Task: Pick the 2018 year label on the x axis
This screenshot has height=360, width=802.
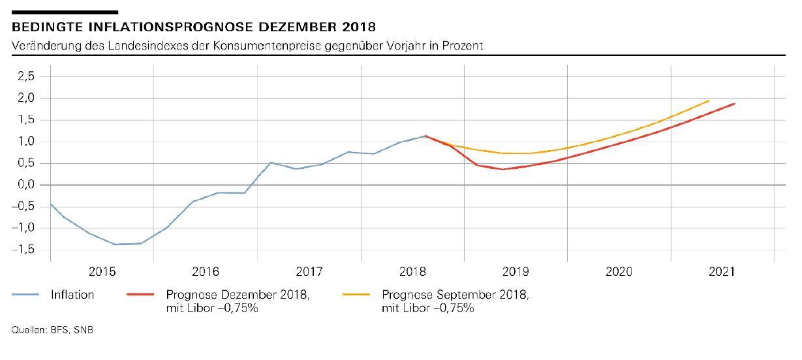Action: click(x=412, y=271)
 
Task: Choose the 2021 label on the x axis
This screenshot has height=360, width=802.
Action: click(x=722, y=271)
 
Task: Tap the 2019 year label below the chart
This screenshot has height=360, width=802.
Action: click(x=516, y=271)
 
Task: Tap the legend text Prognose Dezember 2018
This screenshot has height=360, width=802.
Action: click(x=238, y=295)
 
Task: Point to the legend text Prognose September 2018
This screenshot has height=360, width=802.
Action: click(x=455, y=295)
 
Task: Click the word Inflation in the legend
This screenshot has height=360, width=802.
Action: click(x=72, y=295)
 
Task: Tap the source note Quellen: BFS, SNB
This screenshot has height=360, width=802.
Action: click(x=52, y=331)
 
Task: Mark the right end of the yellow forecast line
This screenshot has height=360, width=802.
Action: click(x=709, y=100)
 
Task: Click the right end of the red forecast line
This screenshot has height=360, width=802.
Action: click(x=735, y=103)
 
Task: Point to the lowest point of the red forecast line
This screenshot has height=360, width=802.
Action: click(x=502, y=169)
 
